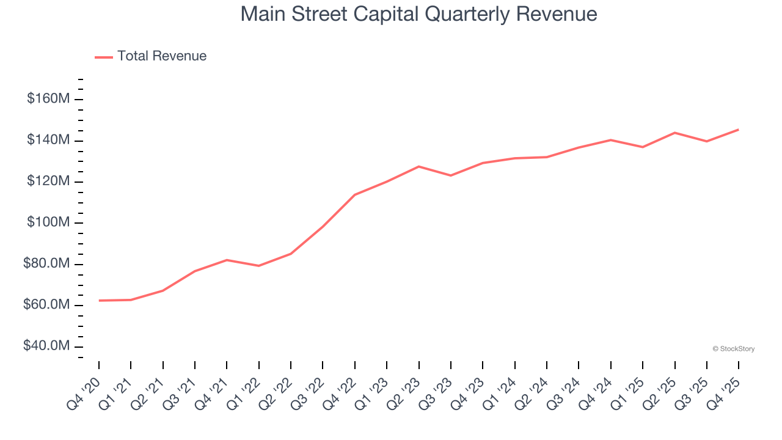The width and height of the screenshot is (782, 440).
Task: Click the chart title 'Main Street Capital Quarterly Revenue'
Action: click(418, 14)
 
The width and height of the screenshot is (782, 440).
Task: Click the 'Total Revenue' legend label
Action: click(162, 56)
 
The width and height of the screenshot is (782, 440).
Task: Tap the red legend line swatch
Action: click(104, 57)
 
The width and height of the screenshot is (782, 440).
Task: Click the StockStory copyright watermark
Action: click(733, 349)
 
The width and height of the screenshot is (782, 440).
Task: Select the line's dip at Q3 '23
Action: click(451, 175)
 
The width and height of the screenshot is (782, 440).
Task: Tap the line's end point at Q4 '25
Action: click(739, 130)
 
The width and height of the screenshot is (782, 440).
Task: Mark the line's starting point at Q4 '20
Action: click(99, 301)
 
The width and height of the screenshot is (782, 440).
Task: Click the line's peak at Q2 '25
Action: click(674, 133)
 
